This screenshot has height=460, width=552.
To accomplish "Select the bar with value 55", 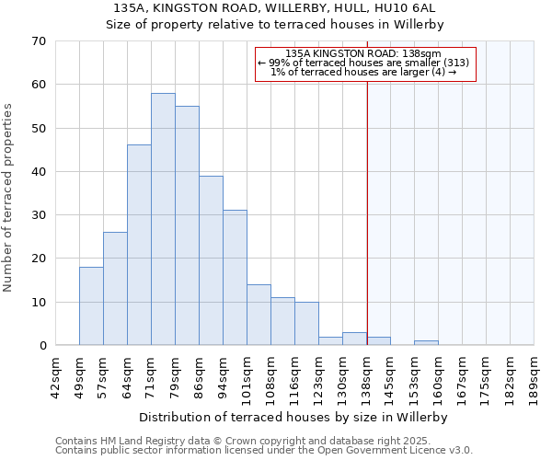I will [x=187, y=225].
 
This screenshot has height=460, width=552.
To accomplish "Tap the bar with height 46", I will [x=139, y=245].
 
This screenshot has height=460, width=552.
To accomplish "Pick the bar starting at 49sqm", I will [x=91, y=305].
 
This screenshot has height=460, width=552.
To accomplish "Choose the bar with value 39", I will [x=211, y=260].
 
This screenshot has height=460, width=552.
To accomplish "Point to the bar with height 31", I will [x=235, y=277].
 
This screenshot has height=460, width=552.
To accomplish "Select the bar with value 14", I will [x=259, y=315].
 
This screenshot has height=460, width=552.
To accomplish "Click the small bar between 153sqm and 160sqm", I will [x=426, y=342].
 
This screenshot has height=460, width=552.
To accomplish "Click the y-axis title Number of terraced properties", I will [x=8, y=198].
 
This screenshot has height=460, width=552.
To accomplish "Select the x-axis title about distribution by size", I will [x=294, y=417].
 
